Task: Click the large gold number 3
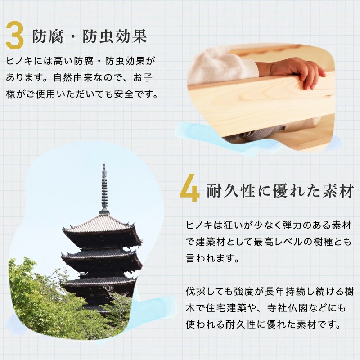click(14, 36)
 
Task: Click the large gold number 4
click(189, 191)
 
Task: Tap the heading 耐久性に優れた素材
click(279, 192)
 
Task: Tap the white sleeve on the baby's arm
click(220, 70)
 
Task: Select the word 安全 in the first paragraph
click(132, 95)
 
